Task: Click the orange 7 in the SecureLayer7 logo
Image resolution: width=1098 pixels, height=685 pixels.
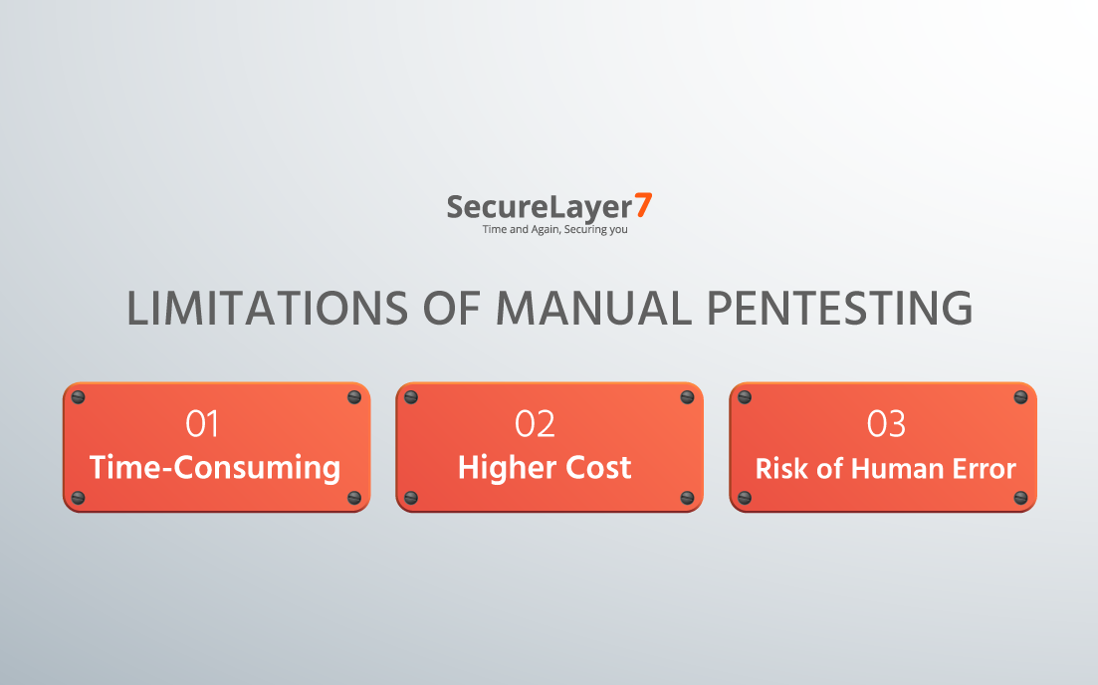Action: coord(643,205)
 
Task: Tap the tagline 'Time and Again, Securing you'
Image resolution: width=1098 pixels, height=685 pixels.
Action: coord(554,230)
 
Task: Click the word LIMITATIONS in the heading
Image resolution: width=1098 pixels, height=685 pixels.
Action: coord(267,309)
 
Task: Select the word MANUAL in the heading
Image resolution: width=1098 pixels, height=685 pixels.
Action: coord(594,309)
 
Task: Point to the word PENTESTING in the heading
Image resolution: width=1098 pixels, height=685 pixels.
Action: coord(839,309)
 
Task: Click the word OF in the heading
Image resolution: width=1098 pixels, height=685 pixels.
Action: coord(452,309)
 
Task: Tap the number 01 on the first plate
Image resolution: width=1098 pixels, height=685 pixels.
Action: coord(202,424)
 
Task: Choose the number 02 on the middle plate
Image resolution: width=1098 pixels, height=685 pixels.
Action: coord(535,424)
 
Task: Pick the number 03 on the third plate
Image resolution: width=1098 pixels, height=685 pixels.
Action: coord(886,424)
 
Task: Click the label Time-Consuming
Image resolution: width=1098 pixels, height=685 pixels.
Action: coord(215,468)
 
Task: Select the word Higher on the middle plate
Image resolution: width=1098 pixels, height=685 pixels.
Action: coord(506,468)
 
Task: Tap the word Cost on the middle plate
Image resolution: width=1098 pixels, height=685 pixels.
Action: coord(598,468)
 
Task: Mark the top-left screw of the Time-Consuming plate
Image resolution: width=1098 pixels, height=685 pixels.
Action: coord(79,398)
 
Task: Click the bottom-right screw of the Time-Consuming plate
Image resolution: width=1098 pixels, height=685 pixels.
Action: coord(354,497)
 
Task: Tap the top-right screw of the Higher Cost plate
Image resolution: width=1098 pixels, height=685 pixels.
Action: coord(687,398)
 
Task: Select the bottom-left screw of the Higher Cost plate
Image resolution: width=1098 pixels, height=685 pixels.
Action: coord(411,497)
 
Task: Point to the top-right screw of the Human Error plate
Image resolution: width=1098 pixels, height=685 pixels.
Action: coord(1020,398)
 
